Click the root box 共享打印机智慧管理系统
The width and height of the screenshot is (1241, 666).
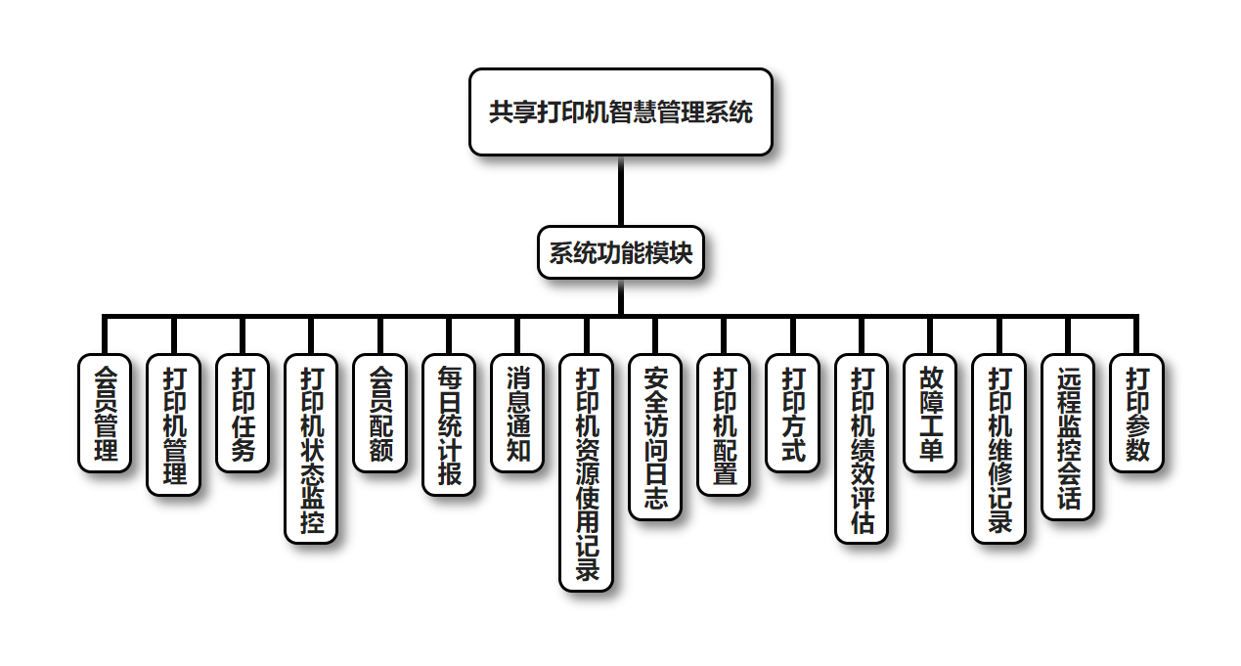[x=620, y=111]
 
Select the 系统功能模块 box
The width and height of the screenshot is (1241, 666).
[x=620, y=253]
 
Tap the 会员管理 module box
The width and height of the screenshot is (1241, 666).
[x=105, y=413]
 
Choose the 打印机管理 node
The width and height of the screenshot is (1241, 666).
[x=174, y=424]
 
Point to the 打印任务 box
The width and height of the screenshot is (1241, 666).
[x=243, y=413]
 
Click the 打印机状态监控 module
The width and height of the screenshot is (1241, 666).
[x=311, y=448]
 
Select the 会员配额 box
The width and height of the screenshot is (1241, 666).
[x=379, y=413]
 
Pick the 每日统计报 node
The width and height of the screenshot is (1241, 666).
[x=449, y=424]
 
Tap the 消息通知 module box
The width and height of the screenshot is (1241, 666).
[x=517, y=413]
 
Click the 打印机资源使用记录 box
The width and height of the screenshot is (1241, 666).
[x=586, y=472]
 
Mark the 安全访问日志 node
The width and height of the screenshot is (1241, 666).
[x=655, y=436]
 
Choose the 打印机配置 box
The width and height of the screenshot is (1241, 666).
[x=724, y=424]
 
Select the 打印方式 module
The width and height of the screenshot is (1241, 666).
[x=792, y=413]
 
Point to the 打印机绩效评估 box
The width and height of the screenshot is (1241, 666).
[x=862, y=448]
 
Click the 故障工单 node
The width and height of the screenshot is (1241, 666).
[x=930, y=413]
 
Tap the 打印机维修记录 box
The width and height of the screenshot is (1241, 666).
[x=998, y=448]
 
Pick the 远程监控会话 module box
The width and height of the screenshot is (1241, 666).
[x=1068, y=436]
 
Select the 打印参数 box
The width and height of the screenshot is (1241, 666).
[x=1136, y=413]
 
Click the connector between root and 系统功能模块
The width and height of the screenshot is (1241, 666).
[x=620, y=191]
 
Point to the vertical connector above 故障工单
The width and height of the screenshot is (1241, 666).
[x=930, y=335]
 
